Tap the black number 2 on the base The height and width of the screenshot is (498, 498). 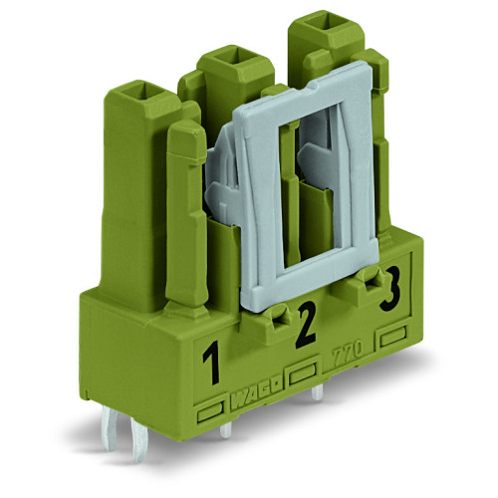point(306,325)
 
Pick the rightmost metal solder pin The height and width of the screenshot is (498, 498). point(317,394)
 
